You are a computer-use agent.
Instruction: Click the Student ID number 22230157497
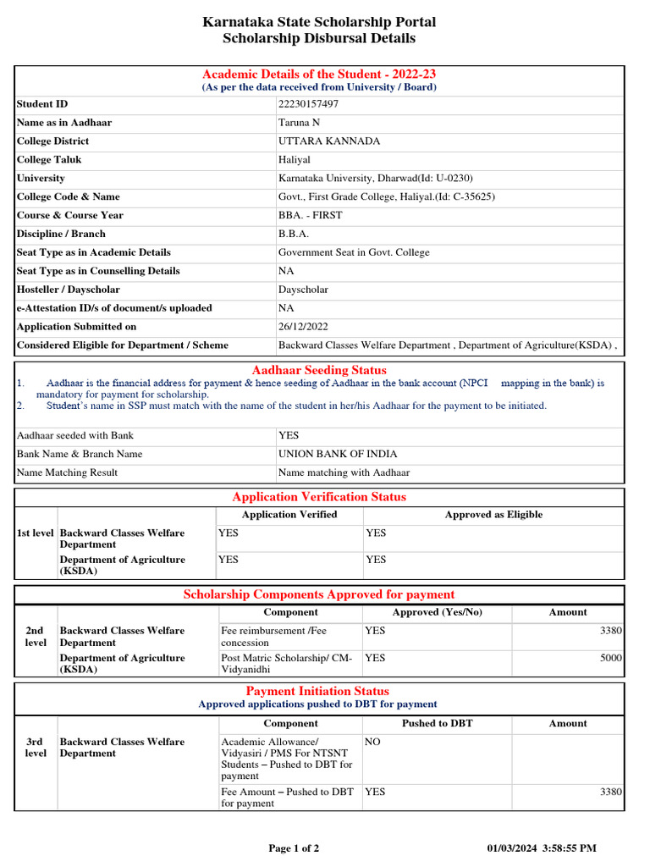pyautogui.click(x=308, y=104)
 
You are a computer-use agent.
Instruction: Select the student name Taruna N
pyautogui.click(x=299, y=123)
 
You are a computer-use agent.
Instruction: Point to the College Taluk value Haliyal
pyautogui.click(x=295, y=160)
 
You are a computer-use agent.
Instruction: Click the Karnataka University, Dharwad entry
pyautogui.click(x=375, y=179)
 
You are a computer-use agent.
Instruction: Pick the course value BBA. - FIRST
pyautogui.click(x=311, y=216)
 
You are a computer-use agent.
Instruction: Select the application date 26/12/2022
pyautogui.click(x=303, y=327)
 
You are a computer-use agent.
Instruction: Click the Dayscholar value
pyautogui.click(x=304, y=290)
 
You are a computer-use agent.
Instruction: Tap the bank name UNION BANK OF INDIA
pyautogui.click(x=338, y=454)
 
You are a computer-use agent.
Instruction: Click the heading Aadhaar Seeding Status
pyautogui.click(x=319, y=370)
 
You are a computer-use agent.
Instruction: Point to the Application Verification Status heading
pyautogui.click(x=319, y=497)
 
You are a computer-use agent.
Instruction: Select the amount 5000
pyautogui.click(x=611, y=658)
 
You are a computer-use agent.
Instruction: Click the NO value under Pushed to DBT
pyautogui.click(x=372, y=742)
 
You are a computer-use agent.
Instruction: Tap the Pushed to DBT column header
pyautogui.click(x=438, y=724)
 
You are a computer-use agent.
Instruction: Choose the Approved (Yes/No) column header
pyautogui.click(x=437, y=612)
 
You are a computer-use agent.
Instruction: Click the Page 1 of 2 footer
pyautogui.click(x=294, y=848)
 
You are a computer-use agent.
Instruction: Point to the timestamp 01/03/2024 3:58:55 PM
pyautogui.click(x=542, y=848)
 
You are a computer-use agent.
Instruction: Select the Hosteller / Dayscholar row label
pyautogui.click(x=68, y=290)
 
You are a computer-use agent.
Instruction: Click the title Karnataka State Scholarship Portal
pyautogui.click(x=319, y=22)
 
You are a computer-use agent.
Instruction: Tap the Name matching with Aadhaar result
pyautogui.click(x=344, y=472)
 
